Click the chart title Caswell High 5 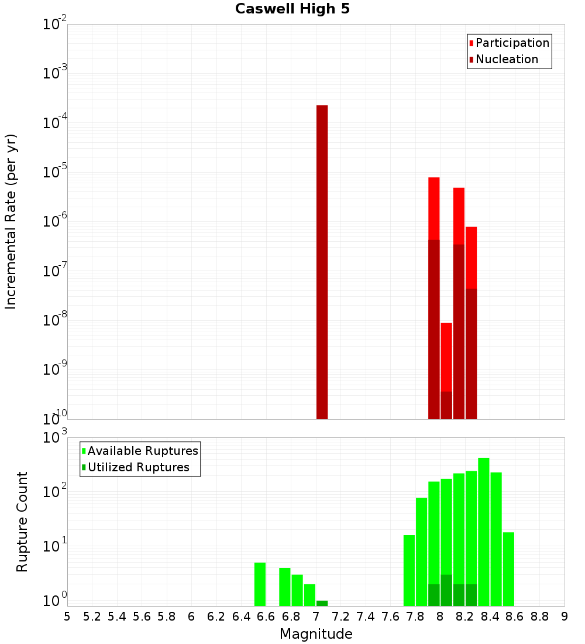[292, 9]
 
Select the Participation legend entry [512, 43]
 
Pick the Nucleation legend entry [506, 59]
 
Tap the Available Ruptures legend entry [142, 451]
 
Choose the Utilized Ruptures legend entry [138, 467]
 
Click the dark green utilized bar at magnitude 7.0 [322, 603]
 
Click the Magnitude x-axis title [316, 634]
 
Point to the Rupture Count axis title [22, 521]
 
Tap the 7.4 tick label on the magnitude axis [366, 616]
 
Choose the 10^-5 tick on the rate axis [54, 173]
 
